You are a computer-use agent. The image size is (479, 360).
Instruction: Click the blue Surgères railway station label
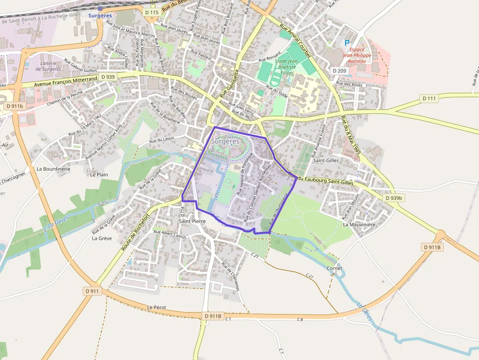coord(100,15)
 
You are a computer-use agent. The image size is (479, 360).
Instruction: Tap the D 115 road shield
coord(152,12)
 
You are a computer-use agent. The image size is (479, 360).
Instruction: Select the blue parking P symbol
coord(347,43)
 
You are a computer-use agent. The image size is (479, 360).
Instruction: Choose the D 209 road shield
coord(339,71)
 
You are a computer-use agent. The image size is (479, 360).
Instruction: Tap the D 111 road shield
coord(429,99)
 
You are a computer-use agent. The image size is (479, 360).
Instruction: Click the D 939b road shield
coord(393,198)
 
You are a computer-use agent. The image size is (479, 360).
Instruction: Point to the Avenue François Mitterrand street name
coord(67,81)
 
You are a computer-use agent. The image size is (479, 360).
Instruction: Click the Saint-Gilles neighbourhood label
coord(326,160)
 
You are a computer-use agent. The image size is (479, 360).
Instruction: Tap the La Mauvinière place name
coord(358,225)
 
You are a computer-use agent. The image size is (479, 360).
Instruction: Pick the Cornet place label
coord(334,269)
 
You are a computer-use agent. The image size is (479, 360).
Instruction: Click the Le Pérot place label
coord(157,307)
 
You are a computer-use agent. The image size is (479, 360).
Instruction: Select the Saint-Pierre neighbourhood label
coord(192,221)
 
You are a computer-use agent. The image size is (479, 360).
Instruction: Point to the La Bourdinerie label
coord(54,169)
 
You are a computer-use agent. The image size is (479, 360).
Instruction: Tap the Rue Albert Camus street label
coord(171,234)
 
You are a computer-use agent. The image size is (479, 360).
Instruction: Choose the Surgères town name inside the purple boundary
coord(225,141)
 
